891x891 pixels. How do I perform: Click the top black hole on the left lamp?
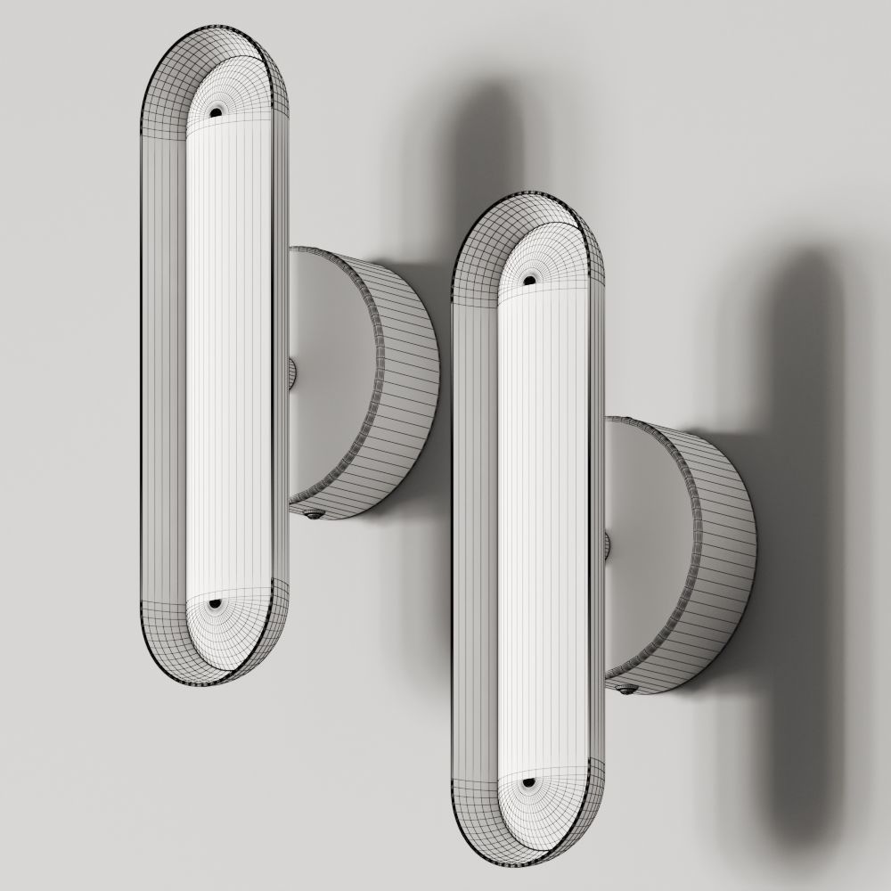216,111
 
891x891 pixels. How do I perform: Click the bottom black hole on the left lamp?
215,603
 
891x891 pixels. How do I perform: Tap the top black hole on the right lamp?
529,281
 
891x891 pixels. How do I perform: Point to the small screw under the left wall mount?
314,513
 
